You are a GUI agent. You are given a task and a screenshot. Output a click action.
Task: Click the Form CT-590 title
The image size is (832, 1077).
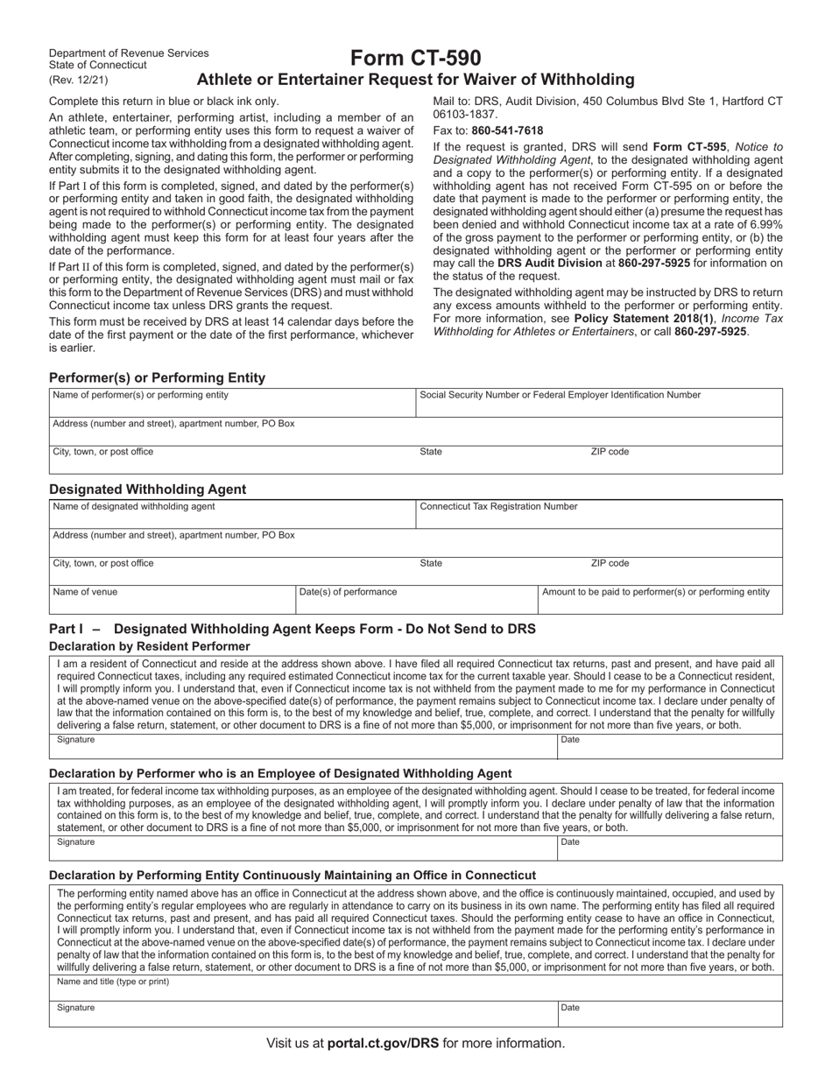(x=415, y=59)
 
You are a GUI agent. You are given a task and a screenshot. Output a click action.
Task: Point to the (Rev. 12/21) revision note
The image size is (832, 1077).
(x=80, y=80)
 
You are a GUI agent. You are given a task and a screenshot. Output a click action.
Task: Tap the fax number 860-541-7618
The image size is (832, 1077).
(x=507, y=130)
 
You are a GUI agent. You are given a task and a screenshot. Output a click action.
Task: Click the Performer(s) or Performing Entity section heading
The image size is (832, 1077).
(x=157, y=378)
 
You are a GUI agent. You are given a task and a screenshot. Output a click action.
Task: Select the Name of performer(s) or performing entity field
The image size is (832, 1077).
(x=232, y=403)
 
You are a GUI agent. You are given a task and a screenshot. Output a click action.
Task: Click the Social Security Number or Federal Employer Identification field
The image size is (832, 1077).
(x=599, y=403)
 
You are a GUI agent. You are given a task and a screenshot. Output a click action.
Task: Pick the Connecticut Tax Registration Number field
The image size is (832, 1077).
(x=599, y=515)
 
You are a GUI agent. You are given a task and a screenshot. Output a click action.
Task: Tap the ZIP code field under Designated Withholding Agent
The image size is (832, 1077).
(x=683, y=571)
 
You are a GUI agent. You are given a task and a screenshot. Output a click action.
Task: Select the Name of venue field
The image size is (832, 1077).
(x=173, y=600)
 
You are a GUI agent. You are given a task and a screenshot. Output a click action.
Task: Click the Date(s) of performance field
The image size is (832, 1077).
(x=416, y=600)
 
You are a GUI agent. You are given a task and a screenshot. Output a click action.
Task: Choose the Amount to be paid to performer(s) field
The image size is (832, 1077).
(x=659, y=600)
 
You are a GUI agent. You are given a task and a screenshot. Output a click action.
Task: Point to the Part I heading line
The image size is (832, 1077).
(x=293, y=629)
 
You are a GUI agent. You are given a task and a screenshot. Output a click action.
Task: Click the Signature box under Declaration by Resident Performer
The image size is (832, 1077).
(x=303, y=746)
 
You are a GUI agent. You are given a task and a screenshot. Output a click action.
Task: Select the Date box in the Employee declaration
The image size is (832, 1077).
(x=669, y=848)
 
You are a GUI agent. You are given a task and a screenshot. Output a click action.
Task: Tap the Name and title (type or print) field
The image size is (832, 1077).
(x=416, y=988)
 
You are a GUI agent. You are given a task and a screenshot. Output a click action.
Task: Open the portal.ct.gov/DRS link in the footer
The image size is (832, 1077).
(x=383, y=1043)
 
